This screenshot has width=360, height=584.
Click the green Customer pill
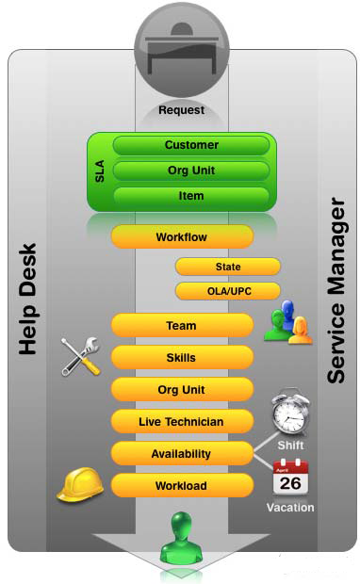tap(191, 146)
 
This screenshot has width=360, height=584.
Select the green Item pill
tap(191, 196)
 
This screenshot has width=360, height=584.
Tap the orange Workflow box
tap(182, 237)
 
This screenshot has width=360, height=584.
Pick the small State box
tap(227, 267)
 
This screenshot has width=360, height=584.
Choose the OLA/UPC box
tap(227, 291)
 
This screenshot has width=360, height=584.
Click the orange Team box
tap(182, 326)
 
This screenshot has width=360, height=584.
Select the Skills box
tap(182, 358)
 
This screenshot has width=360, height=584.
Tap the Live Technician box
tap(182, 422)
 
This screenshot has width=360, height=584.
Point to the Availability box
tap(182, 454)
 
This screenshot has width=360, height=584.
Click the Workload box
tap(182, 486)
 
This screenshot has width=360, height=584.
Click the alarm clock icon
tap(290, 413)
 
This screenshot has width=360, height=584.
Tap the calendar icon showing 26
tap(291, 477)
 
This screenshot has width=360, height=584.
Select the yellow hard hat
tap(80, 483)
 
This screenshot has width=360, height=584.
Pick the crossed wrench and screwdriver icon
tap(81, 356)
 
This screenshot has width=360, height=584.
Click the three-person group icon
tap(287, 323)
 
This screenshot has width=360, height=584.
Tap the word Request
tap(181, 110)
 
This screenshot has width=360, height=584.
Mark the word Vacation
tap(290, 508)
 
